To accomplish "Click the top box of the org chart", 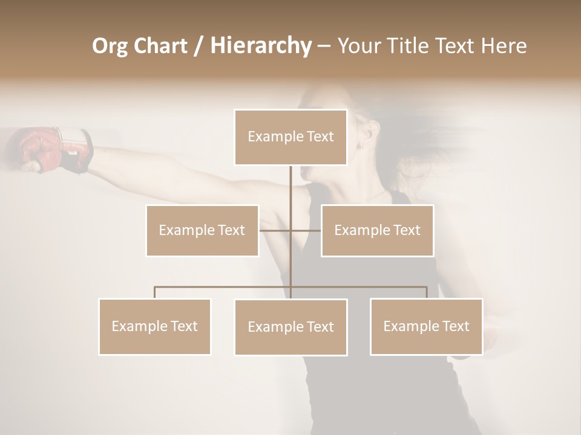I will [290, 137].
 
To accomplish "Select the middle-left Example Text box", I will [202, 230].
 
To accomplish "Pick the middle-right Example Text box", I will [377, 230].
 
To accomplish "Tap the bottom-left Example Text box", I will [155, 326].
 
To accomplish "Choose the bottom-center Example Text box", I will [290, 327].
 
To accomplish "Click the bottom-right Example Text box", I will [426, 326].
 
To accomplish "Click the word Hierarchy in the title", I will [261, 46].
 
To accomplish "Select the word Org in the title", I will [110, 46].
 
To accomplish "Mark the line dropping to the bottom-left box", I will [155, 292].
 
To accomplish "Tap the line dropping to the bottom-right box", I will [426, 292].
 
